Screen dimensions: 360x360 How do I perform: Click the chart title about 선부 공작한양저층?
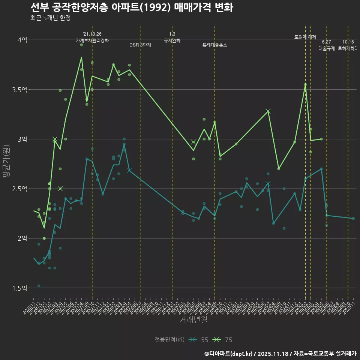point(131,7)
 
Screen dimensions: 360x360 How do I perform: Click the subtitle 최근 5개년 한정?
point(50,18)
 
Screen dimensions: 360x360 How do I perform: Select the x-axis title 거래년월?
point(193,320)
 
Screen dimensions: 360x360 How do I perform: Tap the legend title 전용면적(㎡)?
point(169,340)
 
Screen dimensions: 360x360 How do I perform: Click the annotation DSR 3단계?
point(140,45)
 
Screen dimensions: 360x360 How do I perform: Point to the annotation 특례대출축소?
point(215,45)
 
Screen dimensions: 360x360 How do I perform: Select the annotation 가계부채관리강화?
point(92,40)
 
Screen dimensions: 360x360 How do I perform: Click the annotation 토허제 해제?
point(305,37)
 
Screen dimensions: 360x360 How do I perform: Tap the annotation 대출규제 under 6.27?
point(327,48)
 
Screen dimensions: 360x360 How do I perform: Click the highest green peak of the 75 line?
point(81,57)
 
